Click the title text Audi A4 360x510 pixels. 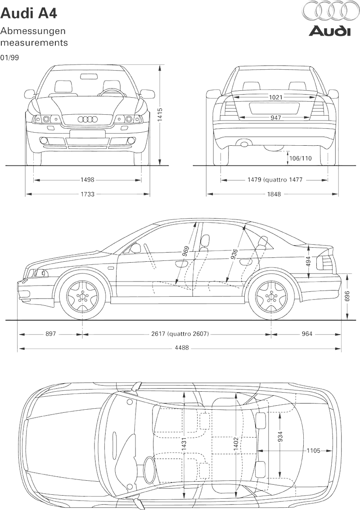point(29,13)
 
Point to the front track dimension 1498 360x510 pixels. point(87,180)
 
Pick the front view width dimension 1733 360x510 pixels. point(87,194)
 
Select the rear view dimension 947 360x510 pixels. point(275,118)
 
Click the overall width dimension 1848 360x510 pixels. point(274,194)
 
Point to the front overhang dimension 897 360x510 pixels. point(50,334)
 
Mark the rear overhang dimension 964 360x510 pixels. point(307,334)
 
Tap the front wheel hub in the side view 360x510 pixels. point(83,296)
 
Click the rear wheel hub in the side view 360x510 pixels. point(271,296)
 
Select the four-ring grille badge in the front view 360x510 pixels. point(88,119)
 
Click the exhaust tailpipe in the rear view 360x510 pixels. point(245,144)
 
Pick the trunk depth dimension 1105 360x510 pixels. point(314,451)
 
